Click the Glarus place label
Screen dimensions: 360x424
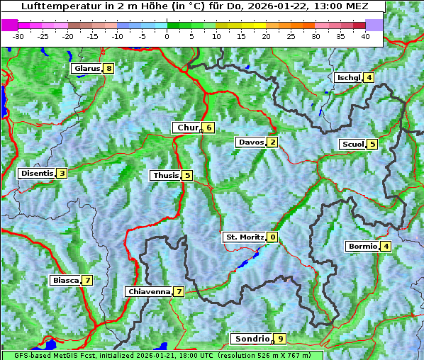86,69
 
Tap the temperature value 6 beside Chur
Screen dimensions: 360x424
209,128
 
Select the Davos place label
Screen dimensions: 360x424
251,142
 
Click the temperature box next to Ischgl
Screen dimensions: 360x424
369,78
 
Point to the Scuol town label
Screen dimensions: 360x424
352,145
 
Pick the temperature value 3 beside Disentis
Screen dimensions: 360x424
62,174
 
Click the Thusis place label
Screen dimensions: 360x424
165,176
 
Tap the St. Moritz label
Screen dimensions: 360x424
244,237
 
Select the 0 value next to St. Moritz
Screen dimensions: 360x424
273,237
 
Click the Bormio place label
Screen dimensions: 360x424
362,247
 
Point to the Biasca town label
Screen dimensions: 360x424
65,281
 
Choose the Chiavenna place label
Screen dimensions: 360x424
148,292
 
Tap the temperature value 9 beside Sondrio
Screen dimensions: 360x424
281,339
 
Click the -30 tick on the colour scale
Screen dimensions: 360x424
18,36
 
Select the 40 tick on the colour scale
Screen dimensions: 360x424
365,36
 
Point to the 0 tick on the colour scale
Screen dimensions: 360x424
167,36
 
